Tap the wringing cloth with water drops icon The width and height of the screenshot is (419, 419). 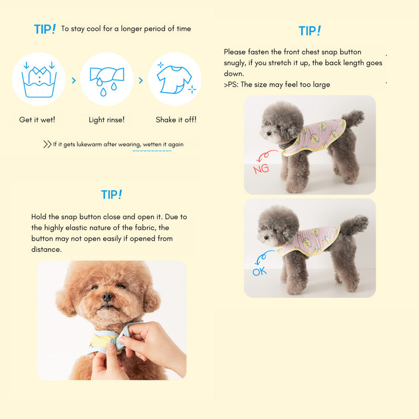[x=107, y=81]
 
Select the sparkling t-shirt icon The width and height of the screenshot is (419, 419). [x=175, y=79]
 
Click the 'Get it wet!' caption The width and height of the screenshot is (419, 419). [x=37, y=120]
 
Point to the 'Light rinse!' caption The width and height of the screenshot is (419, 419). [x=107, y=120]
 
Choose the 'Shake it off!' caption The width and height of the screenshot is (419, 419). [x=176, y=120]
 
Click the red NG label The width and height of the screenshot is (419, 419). [x=261, y=169]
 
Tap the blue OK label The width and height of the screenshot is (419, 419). [x=260, y=271]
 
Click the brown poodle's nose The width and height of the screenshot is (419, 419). [x=108, y=297]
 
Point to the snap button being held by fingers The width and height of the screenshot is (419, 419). [x=113, y=341]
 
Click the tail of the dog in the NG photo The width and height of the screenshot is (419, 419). [x=354, y=118]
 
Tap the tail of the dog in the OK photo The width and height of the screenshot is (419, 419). [x=354, y=224]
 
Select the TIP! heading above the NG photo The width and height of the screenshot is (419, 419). [x=310, y=31]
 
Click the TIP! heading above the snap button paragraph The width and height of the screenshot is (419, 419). [x=112, y=195]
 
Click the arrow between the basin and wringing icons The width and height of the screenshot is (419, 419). [x=74, y=81]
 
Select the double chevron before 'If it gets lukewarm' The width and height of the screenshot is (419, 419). [x=47, y=144]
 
